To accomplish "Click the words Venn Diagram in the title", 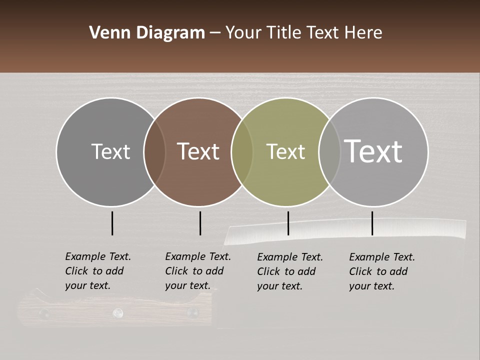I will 147,33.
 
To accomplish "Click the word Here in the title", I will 363,33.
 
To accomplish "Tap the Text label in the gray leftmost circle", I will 110,151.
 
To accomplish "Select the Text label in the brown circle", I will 198,151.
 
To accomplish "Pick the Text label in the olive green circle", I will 285,151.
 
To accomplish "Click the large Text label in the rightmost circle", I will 373,151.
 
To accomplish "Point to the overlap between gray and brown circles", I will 154,151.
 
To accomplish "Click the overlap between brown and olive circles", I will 242,151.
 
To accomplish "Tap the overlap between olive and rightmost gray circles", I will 329,151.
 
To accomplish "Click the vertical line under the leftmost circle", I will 112,223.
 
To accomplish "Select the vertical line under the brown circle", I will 200,223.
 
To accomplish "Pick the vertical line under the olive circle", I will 288,223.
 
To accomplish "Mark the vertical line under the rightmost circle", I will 372,223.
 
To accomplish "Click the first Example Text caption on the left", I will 97,271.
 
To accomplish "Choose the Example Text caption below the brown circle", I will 197,271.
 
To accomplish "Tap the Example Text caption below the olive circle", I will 289,271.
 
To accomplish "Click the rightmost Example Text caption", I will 381,271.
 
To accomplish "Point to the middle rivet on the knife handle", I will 118,313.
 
